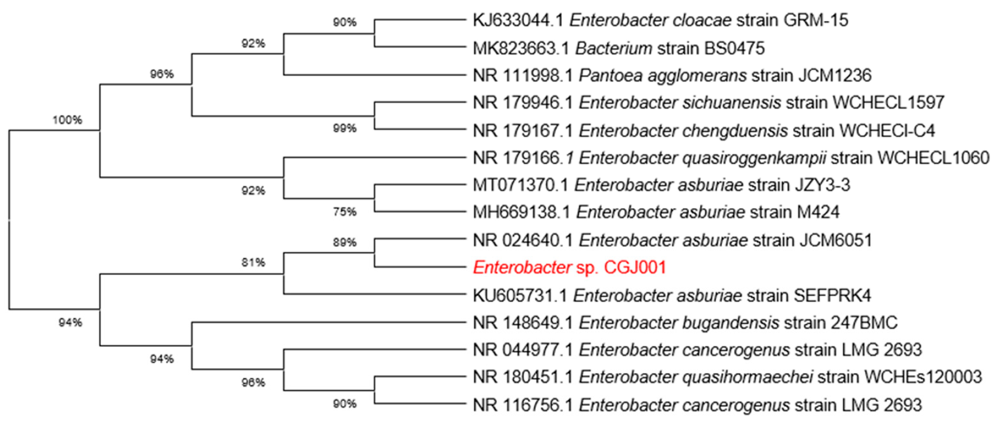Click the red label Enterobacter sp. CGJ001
tap(570, 268)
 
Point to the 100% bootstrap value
tap(67, 120)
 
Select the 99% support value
tap(345, 128)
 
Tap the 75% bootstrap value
tap(345, 211)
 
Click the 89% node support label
tap(345, 242)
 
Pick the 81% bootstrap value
tap(253, 263)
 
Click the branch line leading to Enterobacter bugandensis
tap(328, 323)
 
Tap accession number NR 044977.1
tap(523, 350)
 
